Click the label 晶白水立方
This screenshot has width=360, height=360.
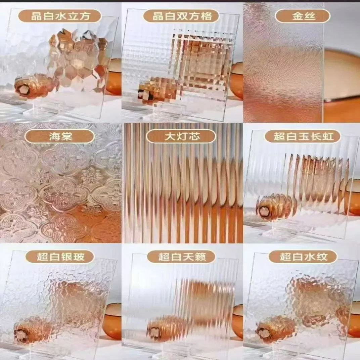point(60,16)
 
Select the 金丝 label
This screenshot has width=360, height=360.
point(303,16)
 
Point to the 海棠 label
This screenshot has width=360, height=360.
point(60,136)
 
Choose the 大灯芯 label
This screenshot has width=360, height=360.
point(181,136)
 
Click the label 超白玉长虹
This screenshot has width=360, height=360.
point(303,136)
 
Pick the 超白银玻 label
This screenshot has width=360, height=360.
point(60,257)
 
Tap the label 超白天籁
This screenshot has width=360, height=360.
point(181,257)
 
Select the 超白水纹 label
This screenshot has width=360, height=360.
point(303,257)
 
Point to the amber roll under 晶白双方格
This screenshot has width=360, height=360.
point(156,92)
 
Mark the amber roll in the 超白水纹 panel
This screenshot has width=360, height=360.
point(275,328)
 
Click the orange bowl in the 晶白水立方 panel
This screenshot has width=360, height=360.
point(114,77)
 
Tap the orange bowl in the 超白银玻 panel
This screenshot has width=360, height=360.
point(112,321)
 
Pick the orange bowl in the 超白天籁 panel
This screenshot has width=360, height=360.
point(237,321)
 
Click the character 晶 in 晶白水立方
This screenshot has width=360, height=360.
point(36,16)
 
